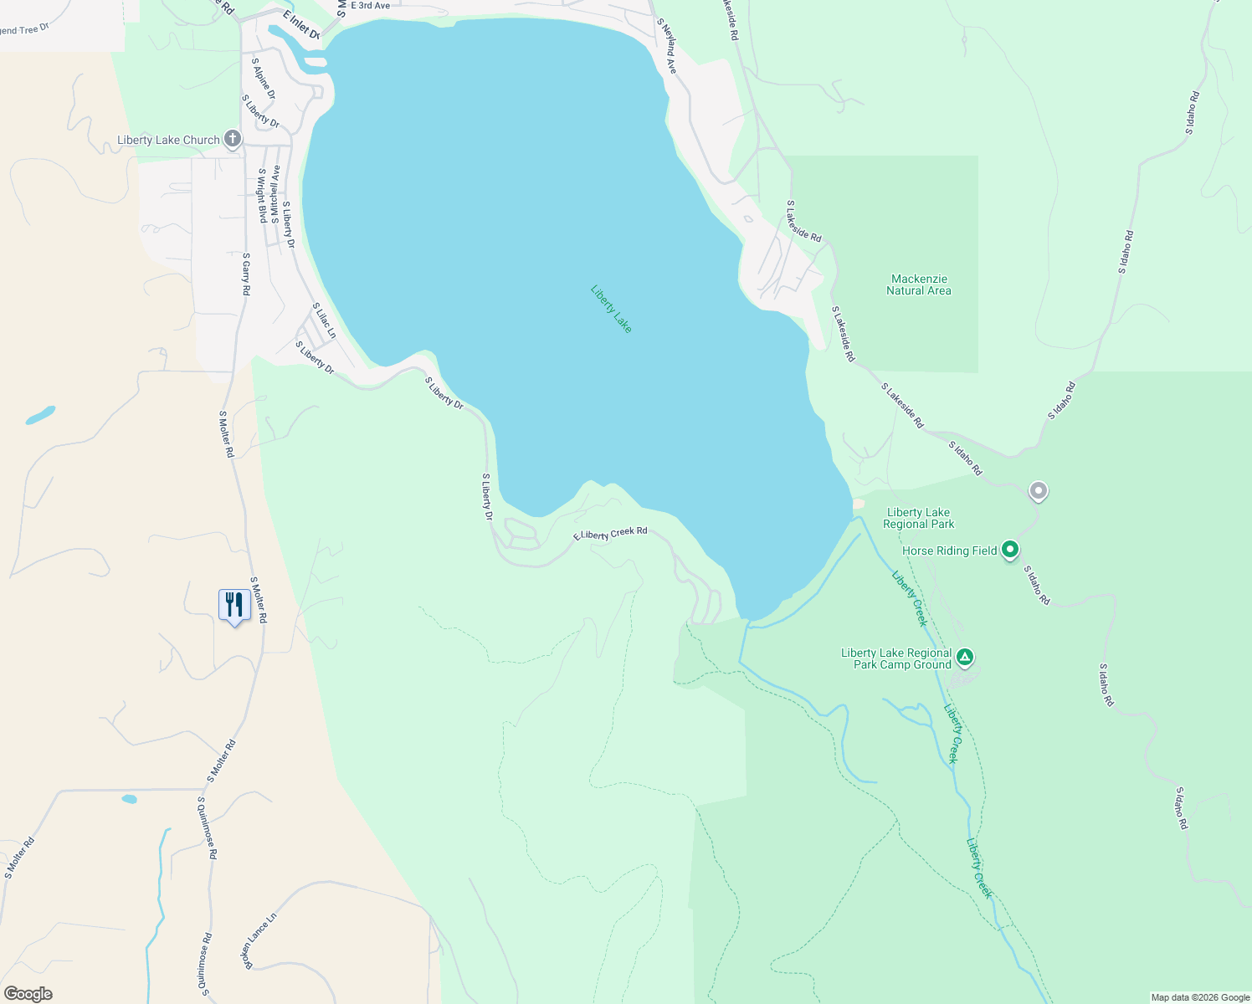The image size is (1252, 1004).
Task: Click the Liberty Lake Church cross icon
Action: (x=233, y=140)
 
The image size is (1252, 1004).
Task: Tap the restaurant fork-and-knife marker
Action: (x=234, y=605)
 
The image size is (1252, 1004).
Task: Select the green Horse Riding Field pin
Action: (x=1010, y=550)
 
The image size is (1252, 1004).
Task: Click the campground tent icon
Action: (x=965, y=658)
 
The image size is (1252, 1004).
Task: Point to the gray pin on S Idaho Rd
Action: (x=1039, y=491)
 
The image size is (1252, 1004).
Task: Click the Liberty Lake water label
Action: (x=611, y=309)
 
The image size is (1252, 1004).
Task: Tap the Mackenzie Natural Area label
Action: (x=919, y=284)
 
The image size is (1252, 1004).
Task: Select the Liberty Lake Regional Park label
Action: (x=919, y=518)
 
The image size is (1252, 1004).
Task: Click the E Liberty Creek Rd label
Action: (x=610, y=534)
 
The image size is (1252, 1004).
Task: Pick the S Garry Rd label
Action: (x=246, y=274)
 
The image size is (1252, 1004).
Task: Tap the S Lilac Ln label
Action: (x=324, y=320)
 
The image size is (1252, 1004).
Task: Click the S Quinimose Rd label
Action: (x=207, y=827)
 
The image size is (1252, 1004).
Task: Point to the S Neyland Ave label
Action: (x=666, y=46)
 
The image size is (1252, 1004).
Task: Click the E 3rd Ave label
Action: (x=370, y=5)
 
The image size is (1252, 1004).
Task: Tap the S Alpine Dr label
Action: (x=264, y=78)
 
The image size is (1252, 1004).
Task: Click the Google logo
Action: (x=28, y=994)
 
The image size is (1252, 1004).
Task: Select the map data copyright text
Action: (x=1200, y=997)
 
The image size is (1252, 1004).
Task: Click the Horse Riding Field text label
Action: (x=949, y=551)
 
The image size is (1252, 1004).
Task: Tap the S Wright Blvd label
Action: (x=262, y=195)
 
